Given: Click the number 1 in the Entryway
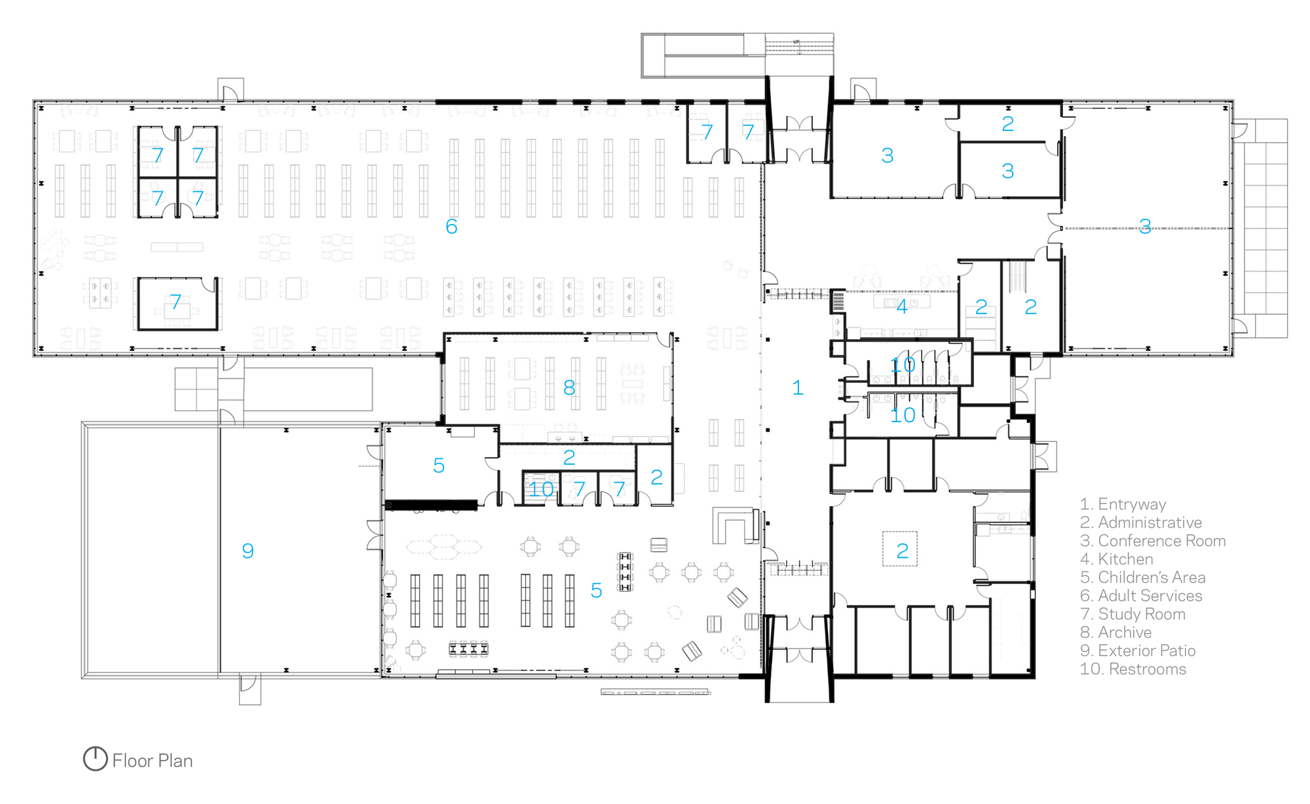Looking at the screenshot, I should pyautogui.click(x=797, y=388).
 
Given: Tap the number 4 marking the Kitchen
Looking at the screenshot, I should pyautogui.click(x=902, y=306).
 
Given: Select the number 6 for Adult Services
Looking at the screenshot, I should pyautogui.click(x=451, y=227).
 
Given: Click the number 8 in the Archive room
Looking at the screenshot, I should pyautogui.click(x=569, y=388).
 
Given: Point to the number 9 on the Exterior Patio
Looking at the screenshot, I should pyautogui.click(x=248, y=551).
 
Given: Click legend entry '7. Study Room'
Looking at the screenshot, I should pyautogui.click(x=1132, y=614).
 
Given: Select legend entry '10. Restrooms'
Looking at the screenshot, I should pyautogui.click(x=1133, y=669).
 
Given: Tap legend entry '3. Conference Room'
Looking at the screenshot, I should pyautogui.click(x=1153, y=541).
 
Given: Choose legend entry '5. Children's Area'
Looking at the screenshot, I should pyautogui.click(x=1142, y=577).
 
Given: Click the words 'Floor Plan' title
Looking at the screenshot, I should pyautogui.click(x=153, y=761).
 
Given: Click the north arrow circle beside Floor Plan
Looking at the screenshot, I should pyautogui.click(x=95, y=759).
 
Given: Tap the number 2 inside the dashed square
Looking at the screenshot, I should pyautogui.click(x=902, y=551).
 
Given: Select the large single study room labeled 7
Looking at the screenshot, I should pyautogui.click(x=177, y=303).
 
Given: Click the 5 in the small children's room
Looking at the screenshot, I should pyautogui.click(x=439, y=466).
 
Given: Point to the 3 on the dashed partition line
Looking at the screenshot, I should pyautogui.click(x=1144, y=227).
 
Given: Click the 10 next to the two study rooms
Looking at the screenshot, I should pyautogui.click(x=541, y=489).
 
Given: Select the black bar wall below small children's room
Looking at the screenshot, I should pyautogui.click(x=431, y=505).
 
